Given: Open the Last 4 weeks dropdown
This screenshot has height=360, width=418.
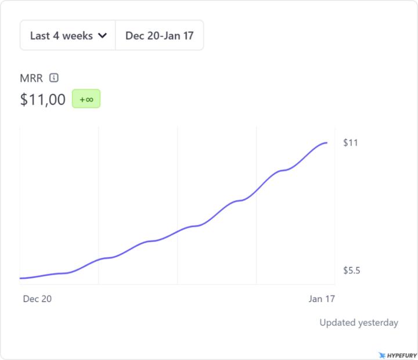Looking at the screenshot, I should [68, 35].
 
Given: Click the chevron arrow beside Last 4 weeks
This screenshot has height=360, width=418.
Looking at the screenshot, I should [103, 35].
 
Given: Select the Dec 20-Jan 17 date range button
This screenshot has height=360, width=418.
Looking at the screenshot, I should [160, 35].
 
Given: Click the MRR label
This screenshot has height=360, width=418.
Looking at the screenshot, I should [31, 78].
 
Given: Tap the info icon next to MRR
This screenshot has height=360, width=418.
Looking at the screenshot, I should [54, 78].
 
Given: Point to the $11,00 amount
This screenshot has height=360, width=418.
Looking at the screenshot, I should [43, 99].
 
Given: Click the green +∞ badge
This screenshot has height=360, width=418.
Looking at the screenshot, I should [86, 99].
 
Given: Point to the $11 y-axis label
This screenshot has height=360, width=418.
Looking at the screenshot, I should [350, 143].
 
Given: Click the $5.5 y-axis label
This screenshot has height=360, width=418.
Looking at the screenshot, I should [352, 271].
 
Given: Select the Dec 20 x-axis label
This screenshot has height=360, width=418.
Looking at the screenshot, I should [37, 298].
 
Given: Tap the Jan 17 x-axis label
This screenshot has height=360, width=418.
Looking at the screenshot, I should [321, 298].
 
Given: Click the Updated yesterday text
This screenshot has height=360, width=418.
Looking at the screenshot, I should [359, 323].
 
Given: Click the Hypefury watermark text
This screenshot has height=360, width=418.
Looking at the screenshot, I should [399, 355].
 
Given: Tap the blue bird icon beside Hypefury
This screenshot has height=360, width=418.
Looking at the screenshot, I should [381, 355].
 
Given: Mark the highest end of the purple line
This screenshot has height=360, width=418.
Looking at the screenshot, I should [327, 142].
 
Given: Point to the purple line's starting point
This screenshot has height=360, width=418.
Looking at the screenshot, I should [20, 278].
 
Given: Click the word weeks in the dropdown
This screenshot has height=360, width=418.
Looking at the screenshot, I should [78, 35].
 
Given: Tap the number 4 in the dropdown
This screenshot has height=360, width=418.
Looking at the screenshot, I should [57, 35].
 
